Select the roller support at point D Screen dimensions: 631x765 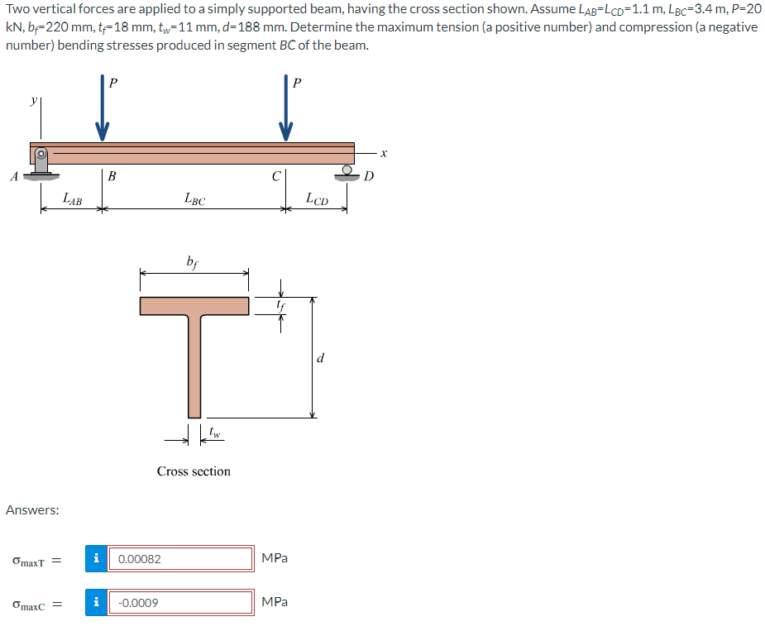pos(346,172)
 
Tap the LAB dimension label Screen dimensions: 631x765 pos(73,198)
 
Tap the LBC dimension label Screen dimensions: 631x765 pos(194,198)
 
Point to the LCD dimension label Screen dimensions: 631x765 pos(317,198)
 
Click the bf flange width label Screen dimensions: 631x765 pos(193,263)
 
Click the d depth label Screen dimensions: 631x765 pos(321,358)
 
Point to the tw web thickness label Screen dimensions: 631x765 pos(214,431)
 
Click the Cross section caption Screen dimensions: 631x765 pos(194,471)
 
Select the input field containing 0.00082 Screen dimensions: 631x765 pos(181,559)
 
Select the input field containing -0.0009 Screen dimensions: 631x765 pos(181,602)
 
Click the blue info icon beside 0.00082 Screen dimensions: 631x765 pos(98,559)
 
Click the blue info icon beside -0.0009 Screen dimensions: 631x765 pos(98,602)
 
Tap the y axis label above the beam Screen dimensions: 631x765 pos(34,100)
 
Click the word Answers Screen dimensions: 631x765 pos(32,510)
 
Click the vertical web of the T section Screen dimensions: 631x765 pos(194,364)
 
